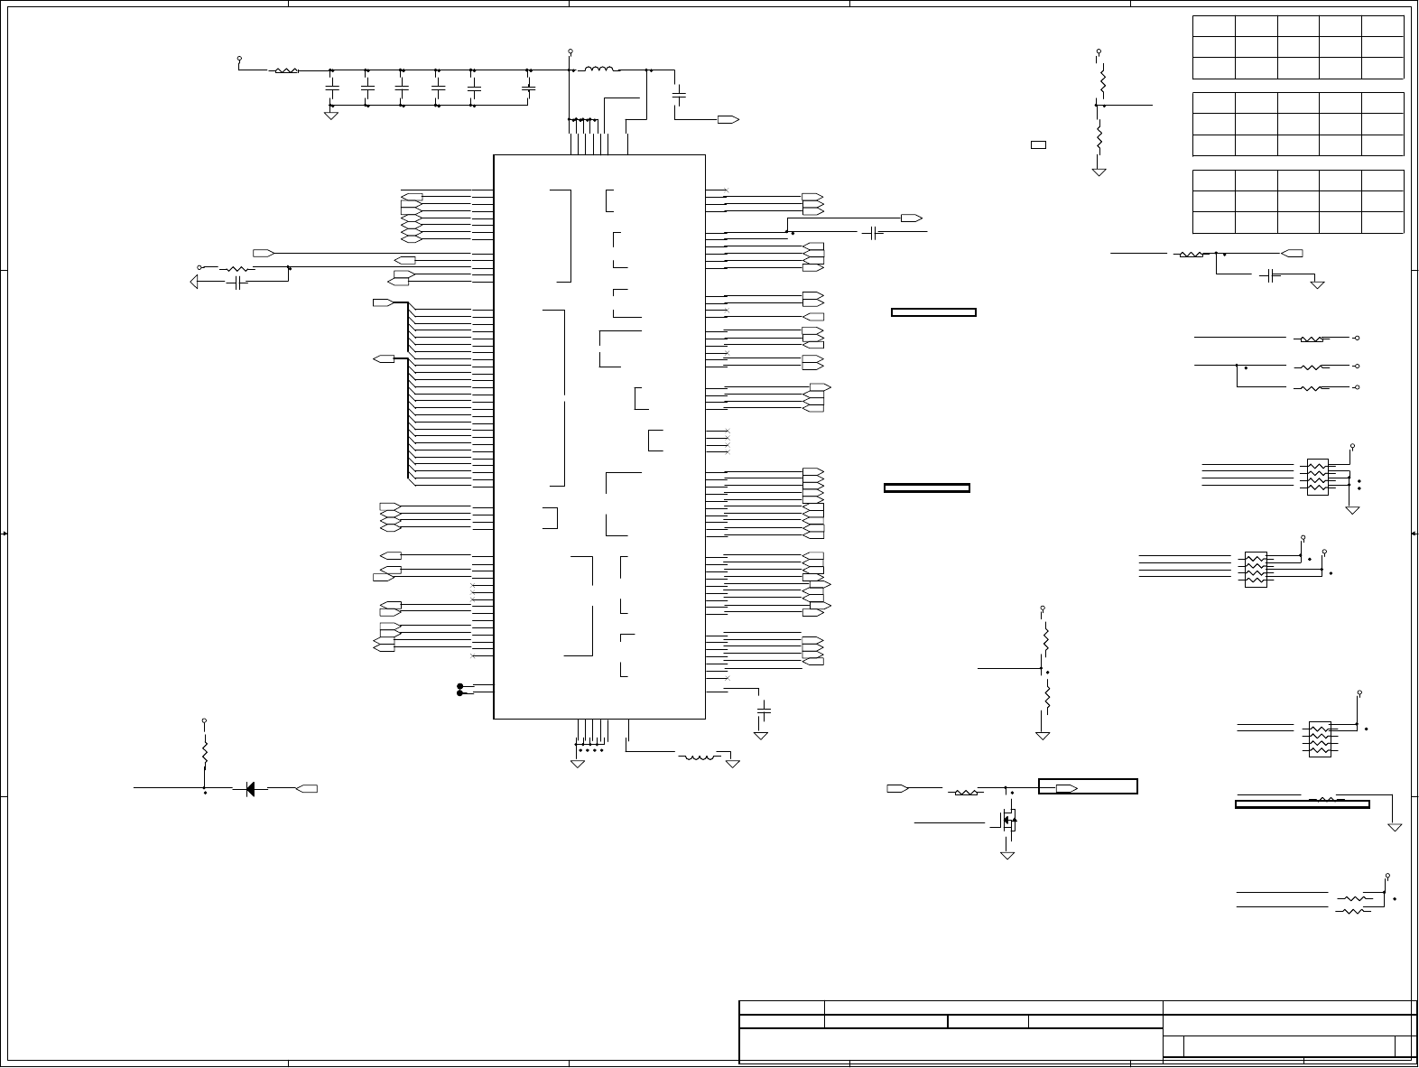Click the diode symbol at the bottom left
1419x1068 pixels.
pos(250,788)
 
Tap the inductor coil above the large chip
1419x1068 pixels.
pos(600,70)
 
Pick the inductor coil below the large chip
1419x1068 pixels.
pos(697,757)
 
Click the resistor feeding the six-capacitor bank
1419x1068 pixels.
pos(286,70)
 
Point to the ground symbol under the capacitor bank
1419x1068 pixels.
pos(330,115)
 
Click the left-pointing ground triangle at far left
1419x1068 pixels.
pos(195,283)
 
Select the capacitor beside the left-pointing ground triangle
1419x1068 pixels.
pos(236,283)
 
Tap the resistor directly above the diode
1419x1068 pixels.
pos(205,751)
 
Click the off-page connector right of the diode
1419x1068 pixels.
pos(307,788)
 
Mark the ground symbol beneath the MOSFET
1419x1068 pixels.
pos(1007,853)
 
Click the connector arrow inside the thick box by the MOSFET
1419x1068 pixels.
pos(1066,788)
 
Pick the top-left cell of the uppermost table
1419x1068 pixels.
pos(1213,25)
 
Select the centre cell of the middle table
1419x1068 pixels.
pos(1297,124)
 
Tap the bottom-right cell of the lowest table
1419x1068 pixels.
pos(1382,222)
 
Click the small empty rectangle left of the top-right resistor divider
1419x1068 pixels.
pos(1038,144)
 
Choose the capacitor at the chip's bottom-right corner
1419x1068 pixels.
pos(763,711)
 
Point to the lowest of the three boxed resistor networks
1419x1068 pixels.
pos(1319,738)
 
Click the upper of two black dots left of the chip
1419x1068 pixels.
pos(460,686)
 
